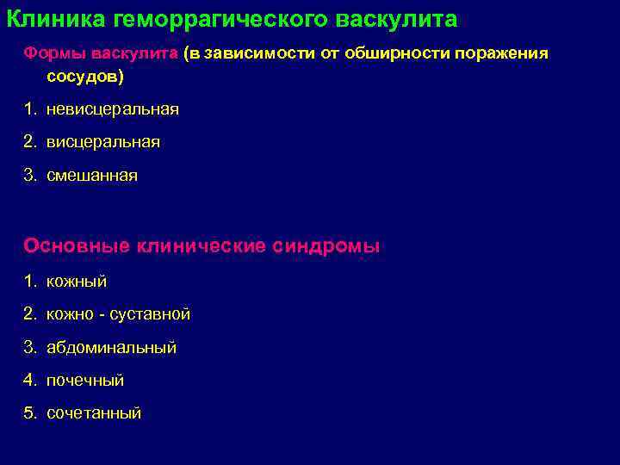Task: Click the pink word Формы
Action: [x=51, y=53]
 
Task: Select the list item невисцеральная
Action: [x=113, y=109]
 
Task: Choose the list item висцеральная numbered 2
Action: [x=103, y=142]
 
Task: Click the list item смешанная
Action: [x=92, y=175]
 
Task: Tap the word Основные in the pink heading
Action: [x=77, y=245]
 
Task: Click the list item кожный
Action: [x=77, y=282]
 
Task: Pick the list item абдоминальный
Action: [x=111, y=348]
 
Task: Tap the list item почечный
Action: [x=85, y=381]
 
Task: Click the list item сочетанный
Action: [x=94, y=413]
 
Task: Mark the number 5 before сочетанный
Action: [x=29, y=413]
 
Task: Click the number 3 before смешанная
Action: [x=29, y=175]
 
